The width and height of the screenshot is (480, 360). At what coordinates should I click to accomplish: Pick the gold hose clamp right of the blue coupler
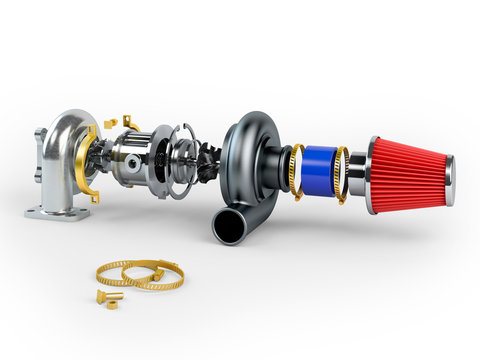tap(341, 174)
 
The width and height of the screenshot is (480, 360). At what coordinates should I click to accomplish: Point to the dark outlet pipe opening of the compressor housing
tap(225, 228)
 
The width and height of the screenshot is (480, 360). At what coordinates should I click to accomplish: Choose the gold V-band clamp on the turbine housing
tap(83, 165)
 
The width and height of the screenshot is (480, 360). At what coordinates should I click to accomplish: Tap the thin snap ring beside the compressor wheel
tap(191, 160)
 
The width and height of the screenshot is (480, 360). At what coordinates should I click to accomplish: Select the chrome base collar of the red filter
tap(372, 176)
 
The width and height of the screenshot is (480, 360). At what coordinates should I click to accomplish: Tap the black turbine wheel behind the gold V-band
tap(101, 160)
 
